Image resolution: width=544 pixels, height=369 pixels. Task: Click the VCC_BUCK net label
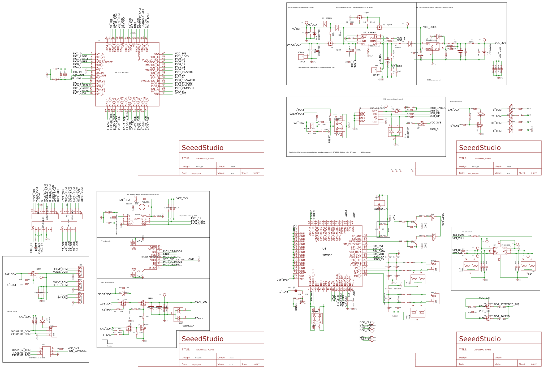(x=430, y=27)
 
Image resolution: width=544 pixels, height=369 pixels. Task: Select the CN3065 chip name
(x=372, y=33)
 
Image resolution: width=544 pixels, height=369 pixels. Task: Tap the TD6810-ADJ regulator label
(x=431, y=41)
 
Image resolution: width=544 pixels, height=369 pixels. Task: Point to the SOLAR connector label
(x=301, y=53)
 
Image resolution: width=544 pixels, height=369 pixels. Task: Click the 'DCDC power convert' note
(x=434, y=80)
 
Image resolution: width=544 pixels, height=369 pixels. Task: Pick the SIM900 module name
(x=327, y=255)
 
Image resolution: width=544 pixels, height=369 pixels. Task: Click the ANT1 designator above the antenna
(x=378, y=197)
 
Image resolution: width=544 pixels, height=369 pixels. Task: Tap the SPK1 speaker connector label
(x=433, y=261)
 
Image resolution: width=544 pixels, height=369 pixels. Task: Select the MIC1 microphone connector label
(x=433, y=293)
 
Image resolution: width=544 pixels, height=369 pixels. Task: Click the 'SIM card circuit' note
(x=467, y=232)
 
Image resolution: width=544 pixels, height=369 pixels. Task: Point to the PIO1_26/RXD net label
(x=502, y=316)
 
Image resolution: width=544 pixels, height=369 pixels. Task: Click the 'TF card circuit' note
(x=105, y=241)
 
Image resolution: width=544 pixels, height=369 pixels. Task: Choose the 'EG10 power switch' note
(x=107, y=282)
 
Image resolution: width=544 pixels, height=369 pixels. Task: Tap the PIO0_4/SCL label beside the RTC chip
(x=198, y=221)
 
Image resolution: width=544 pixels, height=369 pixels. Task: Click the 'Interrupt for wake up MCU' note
(x=188, y=216)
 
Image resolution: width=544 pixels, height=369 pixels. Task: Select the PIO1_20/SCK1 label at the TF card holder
(x=172, y=257)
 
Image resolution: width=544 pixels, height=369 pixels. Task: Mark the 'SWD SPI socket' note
(x=12, y=311)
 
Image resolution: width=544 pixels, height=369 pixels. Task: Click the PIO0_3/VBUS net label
(x=438, y=108)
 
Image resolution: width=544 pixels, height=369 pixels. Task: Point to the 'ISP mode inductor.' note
(x=456, y=102)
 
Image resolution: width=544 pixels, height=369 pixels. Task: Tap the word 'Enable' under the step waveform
(x=110, y=346)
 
